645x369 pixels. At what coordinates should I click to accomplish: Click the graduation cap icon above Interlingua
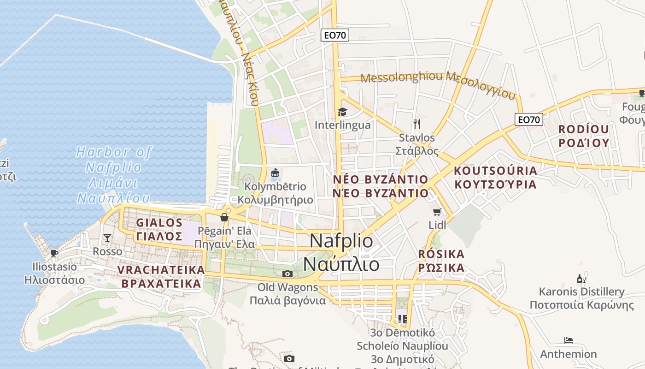[342, 112]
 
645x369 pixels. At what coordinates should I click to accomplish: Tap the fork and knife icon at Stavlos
[417, 124]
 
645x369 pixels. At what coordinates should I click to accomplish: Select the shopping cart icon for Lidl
[437, 212]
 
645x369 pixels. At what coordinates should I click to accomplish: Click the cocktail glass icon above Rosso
[107, 238]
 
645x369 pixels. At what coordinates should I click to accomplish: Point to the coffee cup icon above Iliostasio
[54, 253]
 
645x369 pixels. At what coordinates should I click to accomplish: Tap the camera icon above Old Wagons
[287, 274]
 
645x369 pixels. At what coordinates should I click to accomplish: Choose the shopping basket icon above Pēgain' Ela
[224, 217]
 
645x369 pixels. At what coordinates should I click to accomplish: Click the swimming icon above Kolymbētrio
[275, 173]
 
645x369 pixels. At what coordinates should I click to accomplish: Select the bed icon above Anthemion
[569, 341]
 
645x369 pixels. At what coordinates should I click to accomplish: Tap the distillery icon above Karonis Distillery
[581, 279]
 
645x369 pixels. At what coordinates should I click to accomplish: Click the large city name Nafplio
[341, 252]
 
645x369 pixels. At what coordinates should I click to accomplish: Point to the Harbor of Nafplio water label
[114, 175]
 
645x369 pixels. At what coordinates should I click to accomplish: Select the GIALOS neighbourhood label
[159, 229]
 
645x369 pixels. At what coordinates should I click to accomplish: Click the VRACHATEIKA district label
[161, 276]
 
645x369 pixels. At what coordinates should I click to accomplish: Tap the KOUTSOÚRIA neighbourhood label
[495, 178]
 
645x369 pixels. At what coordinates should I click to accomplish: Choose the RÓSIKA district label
[441, 261]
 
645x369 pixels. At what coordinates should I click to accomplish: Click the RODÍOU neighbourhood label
[583, 136]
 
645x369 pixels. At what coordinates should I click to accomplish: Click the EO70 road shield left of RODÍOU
[528, 120]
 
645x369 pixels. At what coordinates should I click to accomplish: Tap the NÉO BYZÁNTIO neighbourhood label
[381, 186]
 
